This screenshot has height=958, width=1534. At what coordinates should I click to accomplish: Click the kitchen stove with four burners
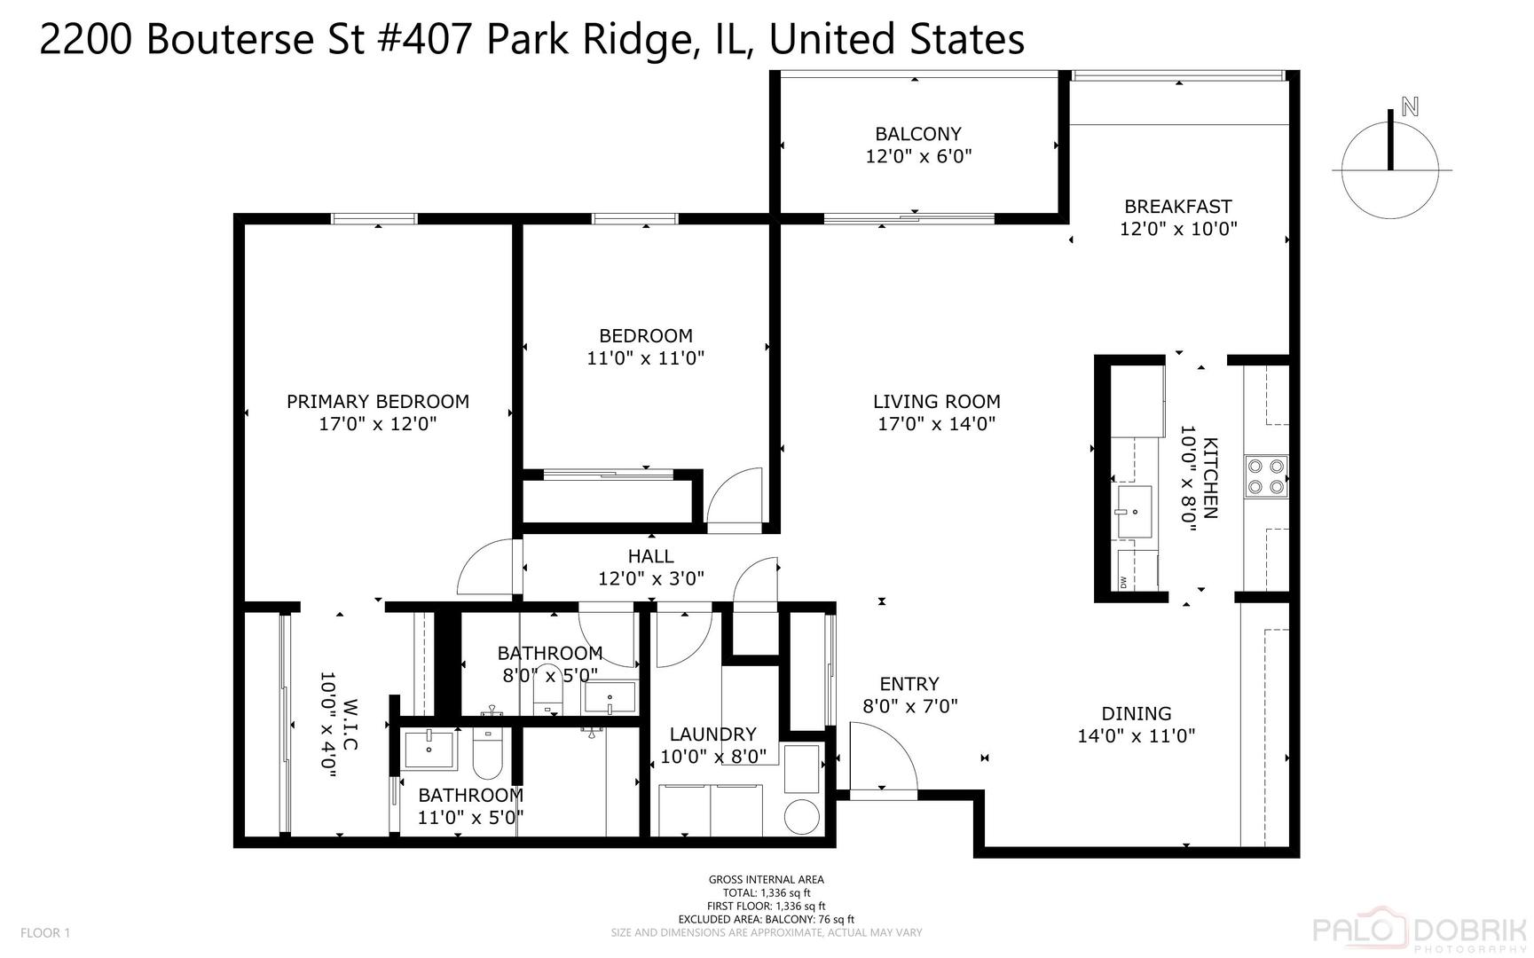1265,475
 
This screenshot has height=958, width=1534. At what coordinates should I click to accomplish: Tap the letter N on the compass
1409,107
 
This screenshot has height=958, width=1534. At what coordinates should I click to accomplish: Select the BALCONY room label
918,134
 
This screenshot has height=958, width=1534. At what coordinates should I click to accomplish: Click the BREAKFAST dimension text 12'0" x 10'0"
1178,229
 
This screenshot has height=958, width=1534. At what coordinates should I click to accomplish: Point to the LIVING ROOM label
936,401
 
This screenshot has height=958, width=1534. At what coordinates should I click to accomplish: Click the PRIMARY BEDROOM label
377,401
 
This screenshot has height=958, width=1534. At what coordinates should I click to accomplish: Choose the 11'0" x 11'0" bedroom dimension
645,358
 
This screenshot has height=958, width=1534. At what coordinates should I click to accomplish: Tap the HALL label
650,556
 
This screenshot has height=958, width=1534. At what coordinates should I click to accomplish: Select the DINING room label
1136,713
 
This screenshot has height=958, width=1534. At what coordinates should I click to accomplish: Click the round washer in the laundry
804,816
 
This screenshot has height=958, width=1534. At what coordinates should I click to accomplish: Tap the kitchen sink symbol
1134,512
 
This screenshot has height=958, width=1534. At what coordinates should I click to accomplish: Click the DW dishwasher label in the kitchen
1123,582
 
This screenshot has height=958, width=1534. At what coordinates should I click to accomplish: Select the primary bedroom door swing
484,568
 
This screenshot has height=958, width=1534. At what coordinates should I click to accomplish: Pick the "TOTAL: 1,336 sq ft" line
766,893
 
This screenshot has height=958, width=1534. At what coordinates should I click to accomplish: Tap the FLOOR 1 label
44,932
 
